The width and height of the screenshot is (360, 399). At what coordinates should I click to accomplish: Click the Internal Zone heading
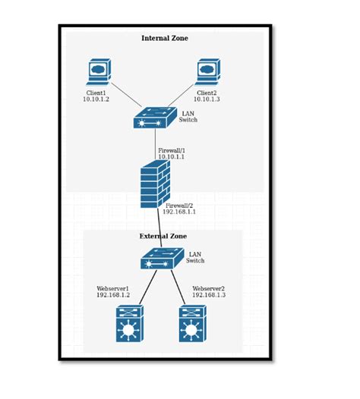tap(165, 38)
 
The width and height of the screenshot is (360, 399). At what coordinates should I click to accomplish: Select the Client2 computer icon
tap(207, 72)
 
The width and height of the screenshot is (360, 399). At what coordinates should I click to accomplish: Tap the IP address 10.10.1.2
tap(97, 99)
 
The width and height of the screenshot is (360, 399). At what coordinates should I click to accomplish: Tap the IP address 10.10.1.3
tap(206, 99)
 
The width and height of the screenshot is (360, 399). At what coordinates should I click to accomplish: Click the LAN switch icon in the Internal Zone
tap(154, 117)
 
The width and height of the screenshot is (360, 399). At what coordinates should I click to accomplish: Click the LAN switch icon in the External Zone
tap(162, 260)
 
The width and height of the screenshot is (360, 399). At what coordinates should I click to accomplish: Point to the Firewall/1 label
tap(172, 150)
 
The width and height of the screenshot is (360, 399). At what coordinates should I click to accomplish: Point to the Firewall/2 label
tap(179, 205)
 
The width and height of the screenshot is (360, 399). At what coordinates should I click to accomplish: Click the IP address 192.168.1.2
tap(113, 295)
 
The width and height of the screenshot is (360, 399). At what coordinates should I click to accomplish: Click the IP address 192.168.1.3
tap(209, 295)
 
